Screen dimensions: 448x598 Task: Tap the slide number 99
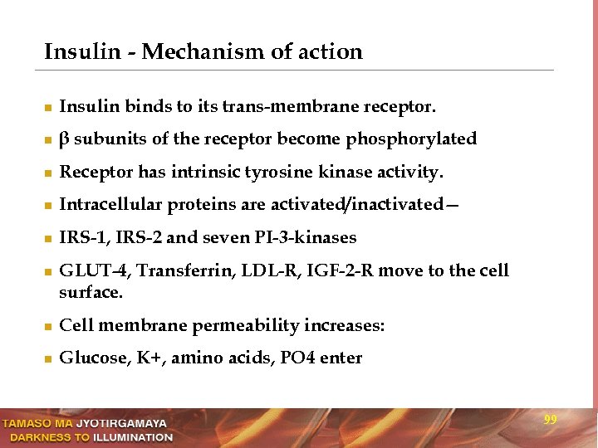coord(550,421)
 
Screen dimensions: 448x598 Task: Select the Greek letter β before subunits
coord(64,139)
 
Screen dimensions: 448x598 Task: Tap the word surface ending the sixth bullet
coord(90,293)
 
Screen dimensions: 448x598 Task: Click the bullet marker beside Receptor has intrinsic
coord(48,173)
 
